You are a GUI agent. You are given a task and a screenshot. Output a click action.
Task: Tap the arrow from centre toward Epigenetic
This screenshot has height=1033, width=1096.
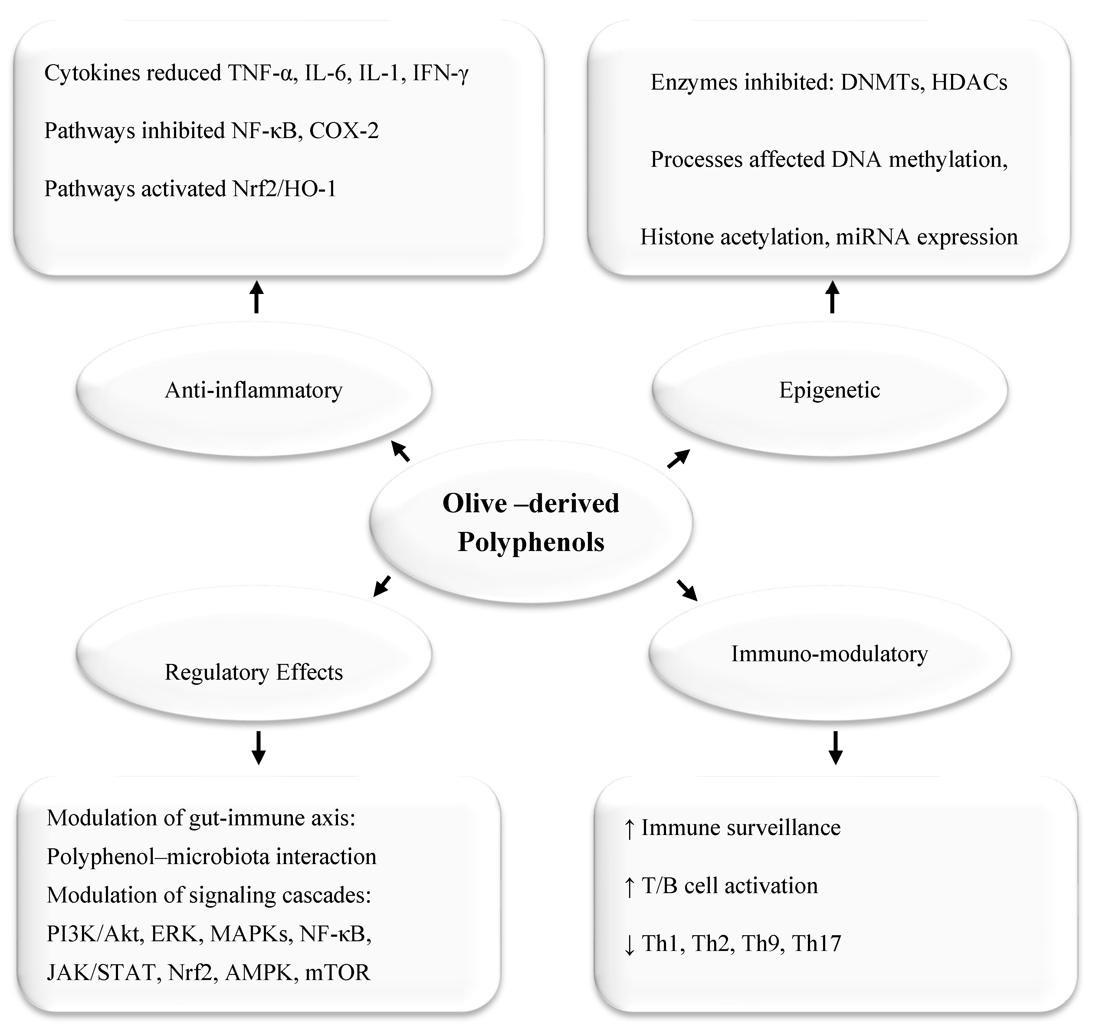[678, 459]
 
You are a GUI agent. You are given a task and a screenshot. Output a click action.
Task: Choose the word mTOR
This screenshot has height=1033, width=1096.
[337, 972]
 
